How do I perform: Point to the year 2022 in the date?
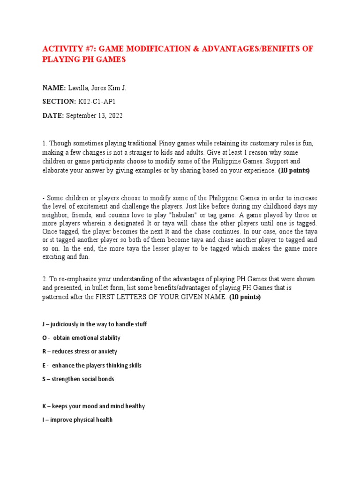click(x=114, y=116)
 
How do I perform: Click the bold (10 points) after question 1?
click(x=294, y=171)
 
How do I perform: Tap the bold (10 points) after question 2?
click(x=245, y=297)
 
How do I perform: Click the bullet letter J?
click(x=44, y=324)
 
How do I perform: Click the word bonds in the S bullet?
click(x=105, y=379)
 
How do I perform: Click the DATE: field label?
click(x=53, y=116)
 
